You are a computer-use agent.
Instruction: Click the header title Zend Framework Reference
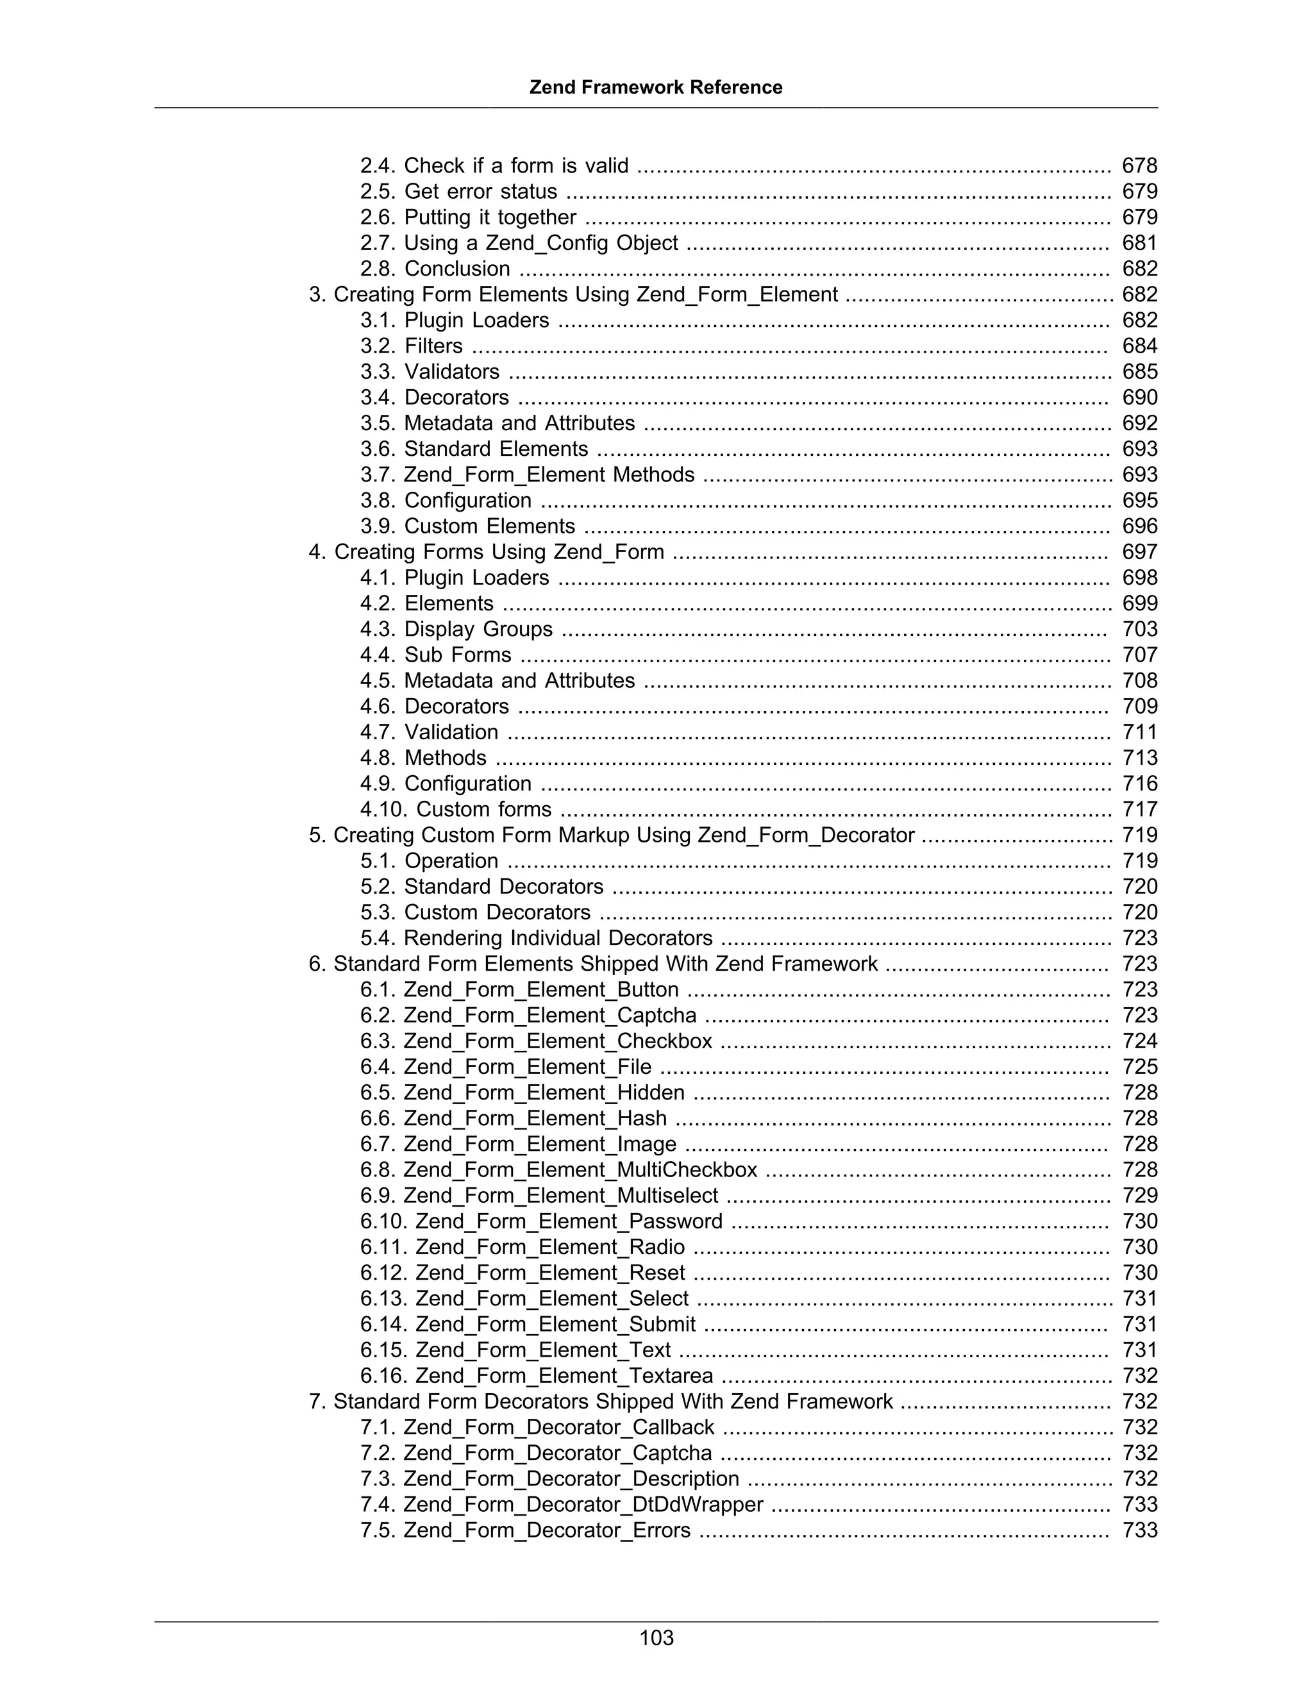pyautogui.click(x=656, y=87)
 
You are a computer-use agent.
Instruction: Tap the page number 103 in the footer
pyautogui.click(x=656, y=1637)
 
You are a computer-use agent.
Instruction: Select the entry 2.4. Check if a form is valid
pyautogui.click(x=494, y=165)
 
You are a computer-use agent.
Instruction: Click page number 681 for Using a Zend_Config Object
pyautogui.click(x=1139, y=243)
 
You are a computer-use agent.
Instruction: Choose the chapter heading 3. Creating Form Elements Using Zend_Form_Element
pyautogui.click(x=573, y=295)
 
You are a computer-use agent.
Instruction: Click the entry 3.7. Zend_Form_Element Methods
pyautogui.click(x=526, y=474)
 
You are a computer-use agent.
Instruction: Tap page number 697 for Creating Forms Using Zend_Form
pyautogui.click(x=1139, y=551)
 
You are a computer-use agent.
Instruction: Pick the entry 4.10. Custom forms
pyautogui.click(x=456, y=809)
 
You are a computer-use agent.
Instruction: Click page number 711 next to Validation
pyautogui.click(x=1139, y=732)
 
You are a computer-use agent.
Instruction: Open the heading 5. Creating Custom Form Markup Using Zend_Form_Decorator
pyautogui.click(x=612, y=835)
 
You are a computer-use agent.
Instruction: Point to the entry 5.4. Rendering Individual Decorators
pyautogui.click(x=536, y=938)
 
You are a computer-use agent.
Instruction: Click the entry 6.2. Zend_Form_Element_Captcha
pyautogui.click(x=528, y=1015)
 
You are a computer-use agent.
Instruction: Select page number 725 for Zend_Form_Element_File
pyautogui.click(x=1139, y=1067)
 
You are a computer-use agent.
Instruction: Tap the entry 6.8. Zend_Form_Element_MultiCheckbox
pyautogui.click(x=558, y=1169)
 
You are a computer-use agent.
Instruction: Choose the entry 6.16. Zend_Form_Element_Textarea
pyautogui.click(x=536, y=1375)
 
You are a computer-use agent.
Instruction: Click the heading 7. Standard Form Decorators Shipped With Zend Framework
pyautogui.click(x=601, y=1401)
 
